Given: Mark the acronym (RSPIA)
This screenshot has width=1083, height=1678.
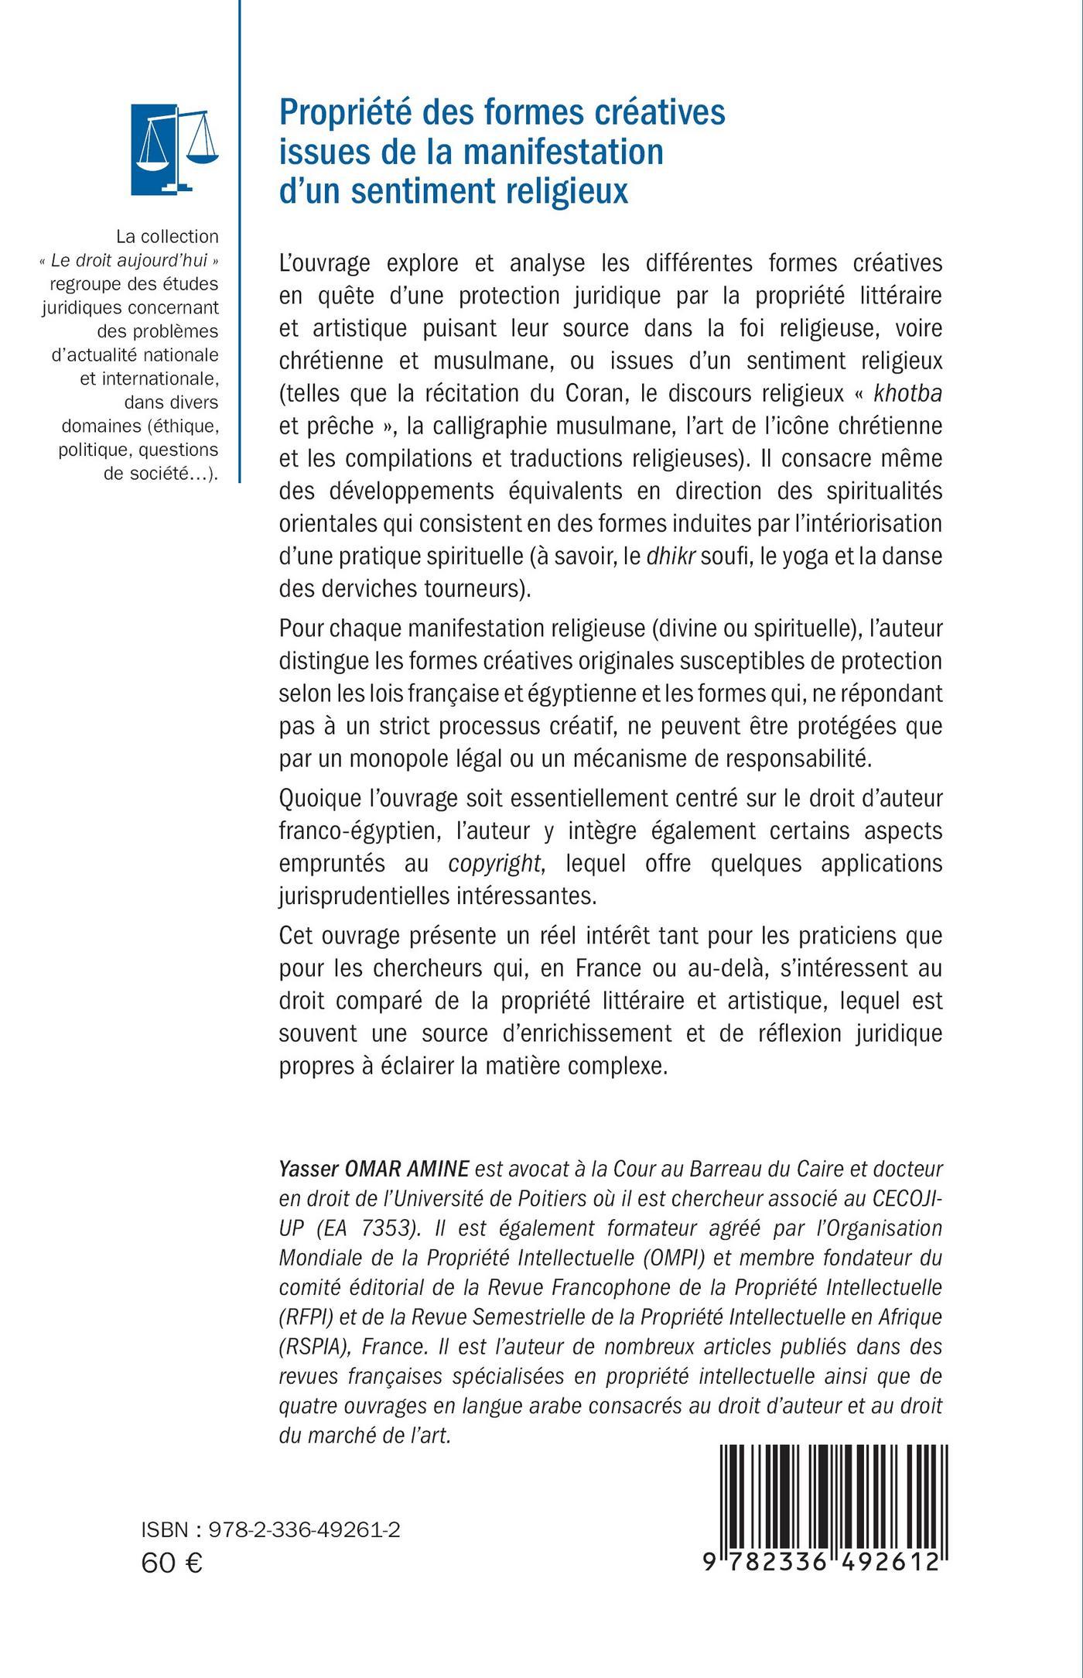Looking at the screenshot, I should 316,1346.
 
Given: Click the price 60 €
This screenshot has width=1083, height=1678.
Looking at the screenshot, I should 172,1563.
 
